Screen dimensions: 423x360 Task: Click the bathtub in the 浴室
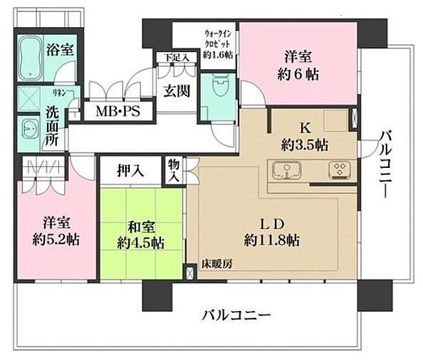point(31,58)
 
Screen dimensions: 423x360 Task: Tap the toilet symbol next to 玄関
point(221,85)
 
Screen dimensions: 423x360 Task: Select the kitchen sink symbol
point(286,170)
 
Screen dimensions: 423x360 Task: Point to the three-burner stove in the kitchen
point(340,170)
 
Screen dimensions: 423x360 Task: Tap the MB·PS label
point(118,111)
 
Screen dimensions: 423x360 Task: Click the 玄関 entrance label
point(177,91)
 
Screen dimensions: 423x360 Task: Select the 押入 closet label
point(130,171)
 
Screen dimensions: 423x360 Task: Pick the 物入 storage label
point(173,171)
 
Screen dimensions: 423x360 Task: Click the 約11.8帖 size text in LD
point(272,240)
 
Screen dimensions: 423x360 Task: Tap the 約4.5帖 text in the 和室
point(140,243)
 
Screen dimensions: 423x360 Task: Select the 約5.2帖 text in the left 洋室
point(56,239)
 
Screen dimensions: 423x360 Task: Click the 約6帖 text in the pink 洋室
point(298,75)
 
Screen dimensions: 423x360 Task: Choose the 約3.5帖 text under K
point(305,146)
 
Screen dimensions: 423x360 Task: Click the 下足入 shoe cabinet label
point(177,58)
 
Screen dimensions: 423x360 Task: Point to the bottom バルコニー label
point(236,315)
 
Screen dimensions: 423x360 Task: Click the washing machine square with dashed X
point(29,98)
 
